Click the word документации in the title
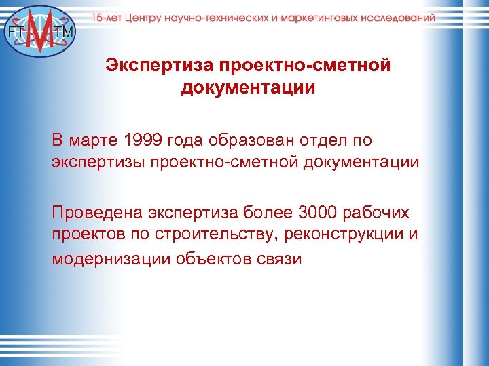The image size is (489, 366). coord(248,88)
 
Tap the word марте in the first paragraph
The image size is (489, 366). coord(95,140)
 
